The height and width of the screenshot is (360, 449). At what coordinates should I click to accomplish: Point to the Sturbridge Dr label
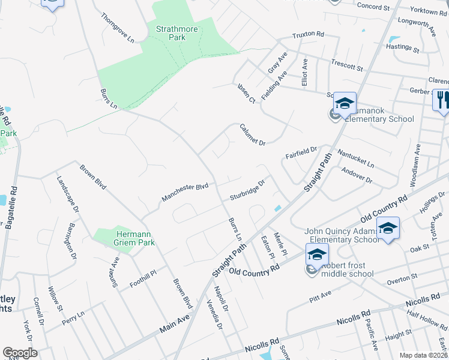point(247,190)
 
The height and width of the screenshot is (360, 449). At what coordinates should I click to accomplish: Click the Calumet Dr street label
point(252,133)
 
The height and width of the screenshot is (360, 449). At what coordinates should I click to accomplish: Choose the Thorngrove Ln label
point(118,28)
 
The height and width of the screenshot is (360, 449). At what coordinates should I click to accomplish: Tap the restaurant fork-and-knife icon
point(442,99)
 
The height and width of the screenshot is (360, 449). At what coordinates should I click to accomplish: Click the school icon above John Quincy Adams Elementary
point(388,228)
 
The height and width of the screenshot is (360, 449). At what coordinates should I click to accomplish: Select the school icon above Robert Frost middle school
point(316,254)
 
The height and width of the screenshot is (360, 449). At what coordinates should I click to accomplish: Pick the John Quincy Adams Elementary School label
point(342,235)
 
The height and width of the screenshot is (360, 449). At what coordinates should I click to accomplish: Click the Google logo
point(20,353)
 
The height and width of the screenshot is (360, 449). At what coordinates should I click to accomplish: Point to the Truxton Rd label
point(308,35)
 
